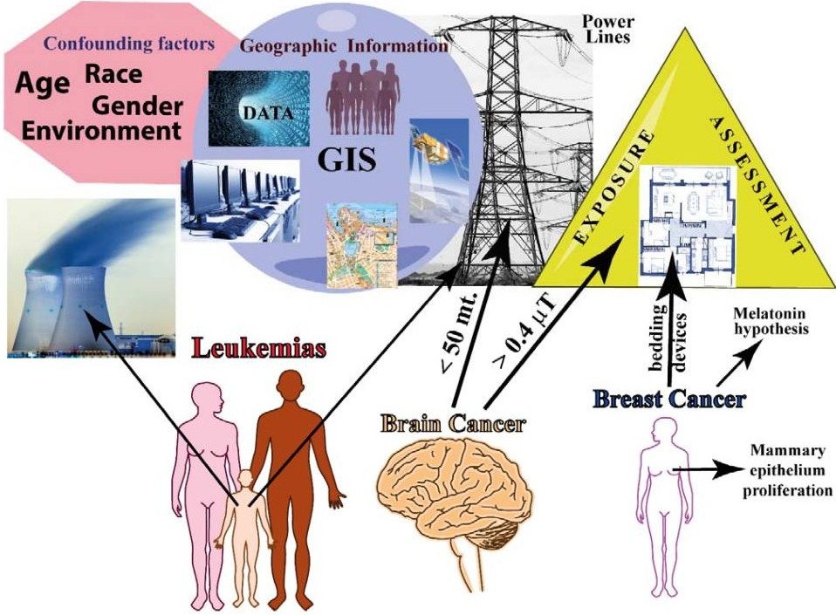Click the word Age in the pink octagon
coord(43,84)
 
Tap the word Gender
coord(138,106)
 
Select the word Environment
coord(101,131)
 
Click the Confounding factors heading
coord(129,44)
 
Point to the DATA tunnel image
coord(258,108)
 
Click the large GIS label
coord(346,160)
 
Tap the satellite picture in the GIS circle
coord(439,170)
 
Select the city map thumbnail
coord(362,245)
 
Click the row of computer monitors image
coord(241,201)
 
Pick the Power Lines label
coord(608,30)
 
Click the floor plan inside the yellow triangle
coord(688,226)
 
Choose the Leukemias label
coord(259,348)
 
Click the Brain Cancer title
coord(454,424)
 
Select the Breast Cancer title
coord(669,399)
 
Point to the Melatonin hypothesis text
coord(771,321)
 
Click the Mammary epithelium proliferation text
coord(787,470)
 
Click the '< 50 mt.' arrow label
coord(459,332)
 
